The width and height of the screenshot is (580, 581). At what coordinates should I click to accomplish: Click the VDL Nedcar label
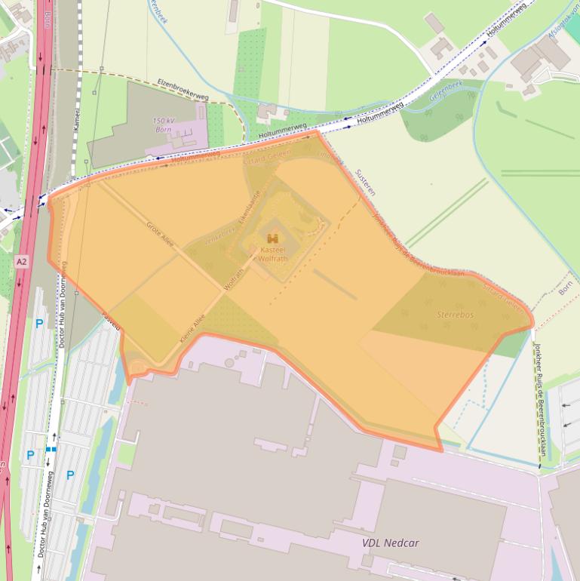click(x=390, y=543)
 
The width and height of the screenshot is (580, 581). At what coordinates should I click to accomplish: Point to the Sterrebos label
click(x=456, y=315)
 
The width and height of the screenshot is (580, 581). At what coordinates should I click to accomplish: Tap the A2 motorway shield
click(x=22, y=260)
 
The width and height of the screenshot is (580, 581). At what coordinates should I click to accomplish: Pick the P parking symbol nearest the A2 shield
click(x=39, y=324)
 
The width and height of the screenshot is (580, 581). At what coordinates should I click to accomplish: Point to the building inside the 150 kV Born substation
click(x=181, y=140)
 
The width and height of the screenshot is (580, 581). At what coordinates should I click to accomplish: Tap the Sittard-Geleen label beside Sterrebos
click(x=502, y=297)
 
